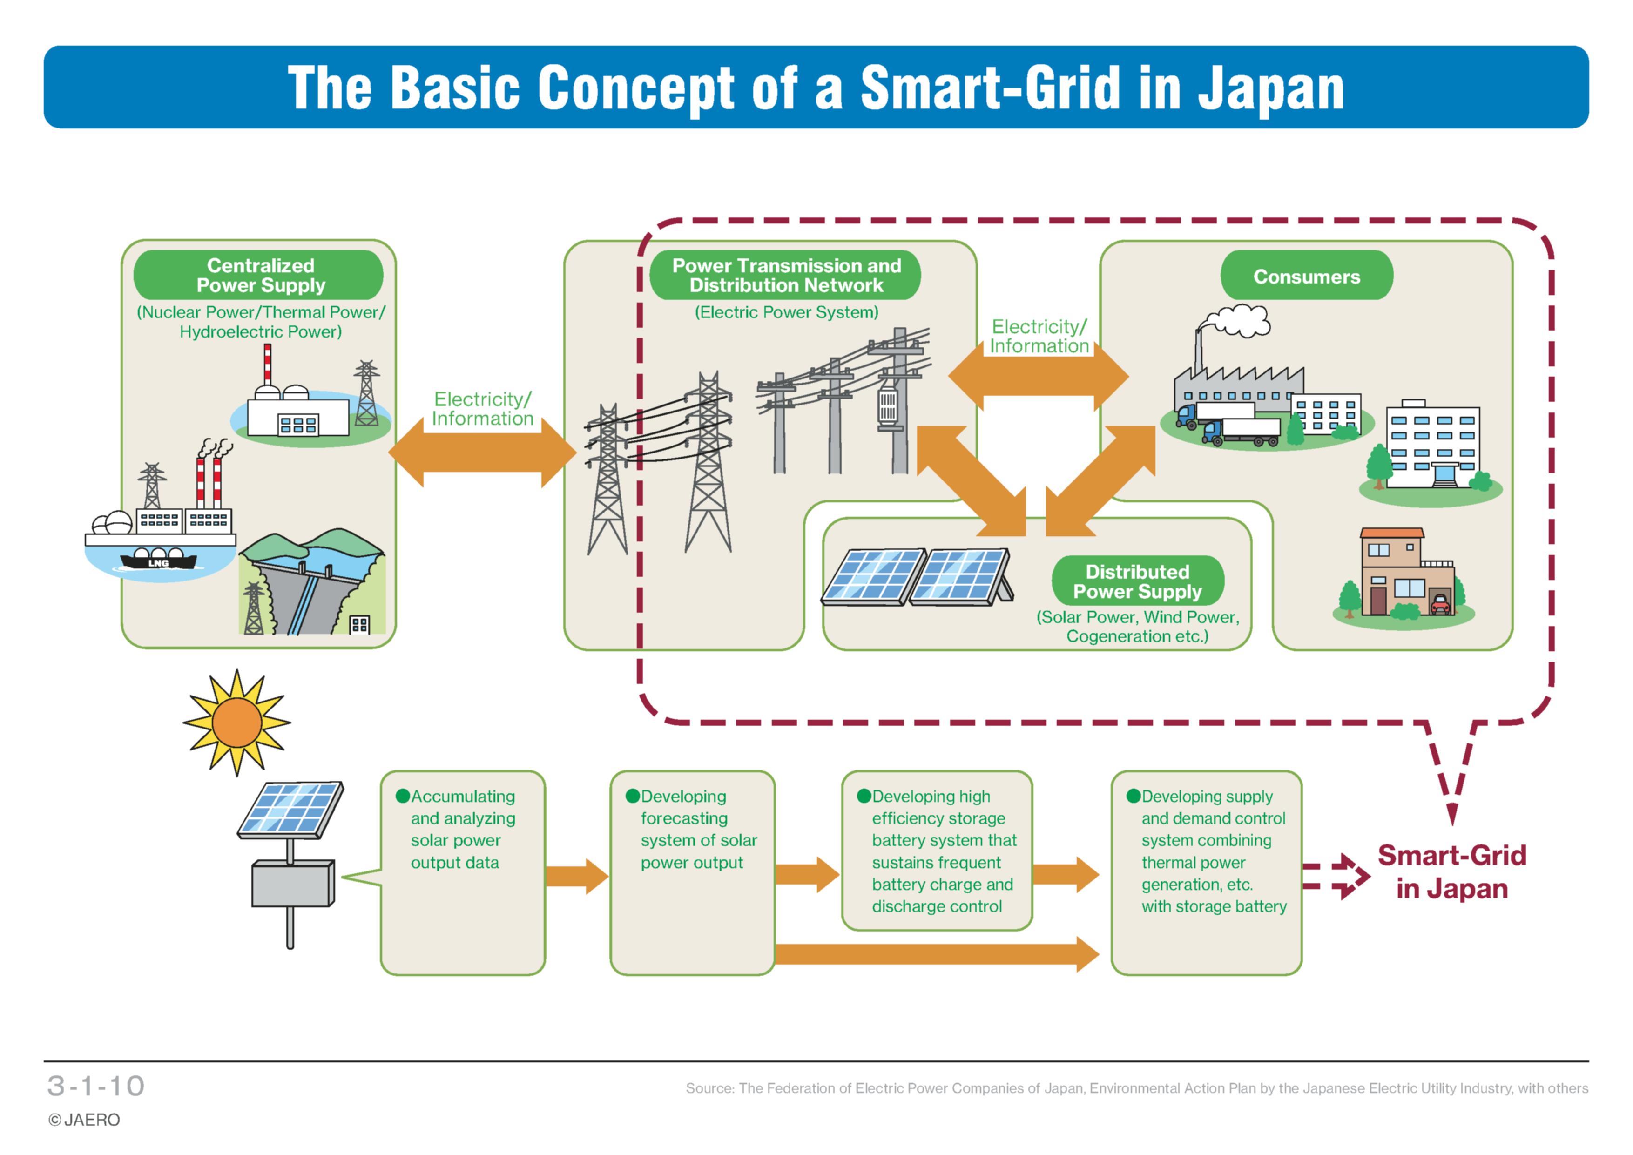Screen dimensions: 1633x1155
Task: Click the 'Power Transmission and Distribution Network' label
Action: click(x=786, y=275)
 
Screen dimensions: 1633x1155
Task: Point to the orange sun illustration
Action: click(x=237, y=722)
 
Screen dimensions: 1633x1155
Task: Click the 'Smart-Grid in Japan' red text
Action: click(x=1451, y=872)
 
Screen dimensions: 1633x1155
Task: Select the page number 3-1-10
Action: click(x=96, y=1086)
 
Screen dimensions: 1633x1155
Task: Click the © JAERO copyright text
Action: click(x=84, y=1120)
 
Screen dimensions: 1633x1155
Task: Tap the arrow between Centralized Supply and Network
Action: click(x=482, y=453)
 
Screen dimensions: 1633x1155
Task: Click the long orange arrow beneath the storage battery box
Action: click(x=937, y=954)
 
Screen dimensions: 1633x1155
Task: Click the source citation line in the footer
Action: click(x=1137, y=1088)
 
